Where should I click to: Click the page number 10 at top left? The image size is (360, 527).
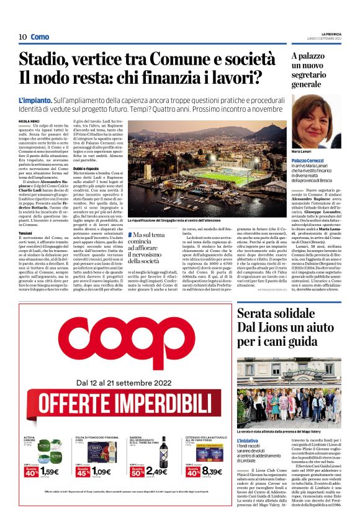pos(22,37)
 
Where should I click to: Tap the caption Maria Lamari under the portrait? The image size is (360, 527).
pos(302,151)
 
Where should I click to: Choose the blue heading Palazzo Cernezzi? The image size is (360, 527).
pos(307,161)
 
